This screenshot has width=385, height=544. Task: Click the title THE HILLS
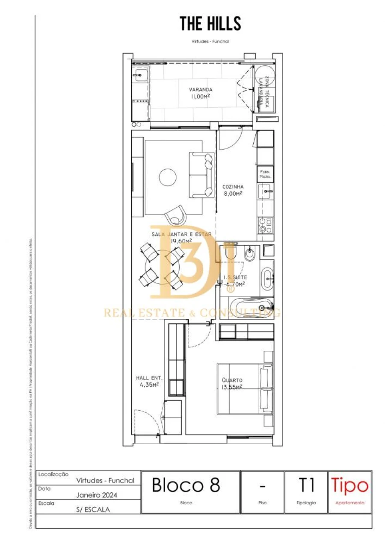coord(210,24)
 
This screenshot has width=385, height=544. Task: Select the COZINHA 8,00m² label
coord(233,190)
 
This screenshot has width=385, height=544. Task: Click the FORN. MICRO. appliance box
coord(265,173)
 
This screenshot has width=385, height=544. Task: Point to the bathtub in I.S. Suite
coord(251,307)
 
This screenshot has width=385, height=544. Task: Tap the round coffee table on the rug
coord(168,177)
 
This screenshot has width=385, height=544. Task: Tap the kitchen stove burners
coord(265,225)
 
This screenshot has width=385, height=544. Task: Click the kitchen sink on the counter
coord(265,189)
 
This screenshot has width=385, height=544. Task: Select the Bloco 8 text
coord(186,485)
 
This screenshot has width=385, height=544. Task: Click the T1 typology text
coord(306,485)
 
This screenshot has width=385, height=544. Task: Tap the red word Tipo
coord(349,486)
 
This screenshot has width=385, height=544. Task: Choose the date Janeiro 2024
coord(97,495)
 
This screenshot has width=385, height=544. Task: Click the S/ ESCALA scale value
coord(93,509)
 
